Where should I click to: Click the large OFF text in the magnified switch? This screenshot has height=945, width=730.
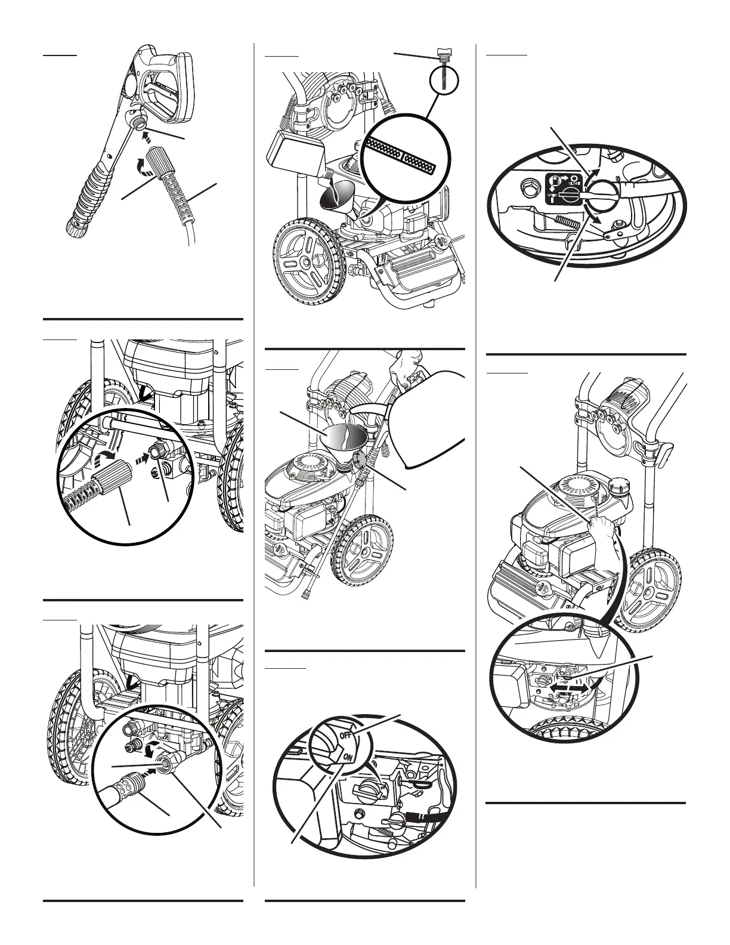[x=345, y=735]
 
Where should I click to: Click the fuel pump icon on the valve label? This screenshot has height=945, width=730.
[x=556, y=179]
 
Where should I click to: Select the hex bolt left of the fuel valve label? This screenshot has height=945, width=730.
[x=528, y=188]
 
